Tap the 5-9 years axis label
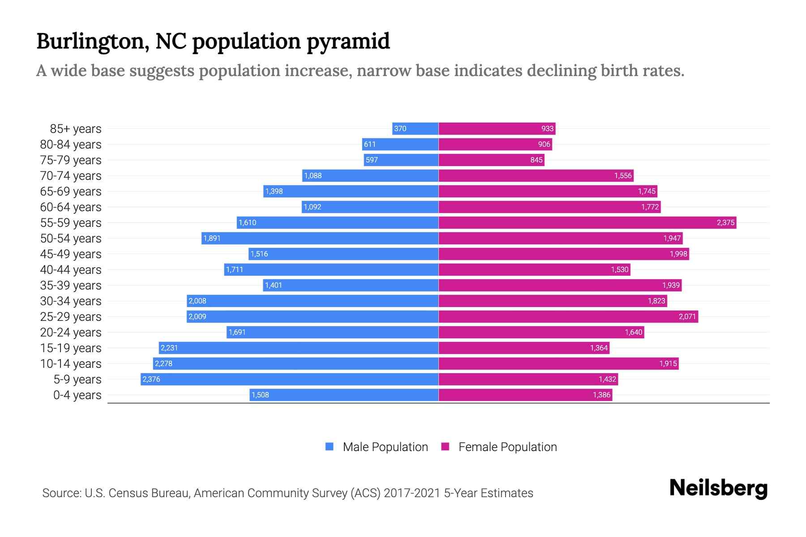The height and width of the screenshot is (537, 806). [x=77, y=379]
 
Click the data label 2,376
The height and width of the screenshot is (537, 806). [x=151, y=379]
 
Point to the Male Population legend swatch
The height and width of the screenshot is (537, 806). [x=330, y=447]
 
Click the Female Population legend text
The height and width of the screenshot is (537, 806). [x=507, y=447]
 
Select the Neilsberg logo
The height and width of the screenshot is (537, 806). [x=718, y=488]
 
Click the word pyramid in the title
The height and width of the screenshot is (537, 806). [x=348, y=42]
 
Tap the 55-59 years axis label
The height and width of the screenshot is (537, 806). [x=71, y=223]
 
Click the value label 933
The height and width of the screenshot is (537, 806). [x=547, y=129]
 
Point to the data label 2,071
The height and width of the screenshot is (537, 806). [x=687, y=317]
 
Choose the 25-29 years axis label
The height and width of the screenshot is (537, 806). [x=71, y=317]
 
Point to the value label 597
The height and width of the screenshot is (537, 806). [x=372, y=160]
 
